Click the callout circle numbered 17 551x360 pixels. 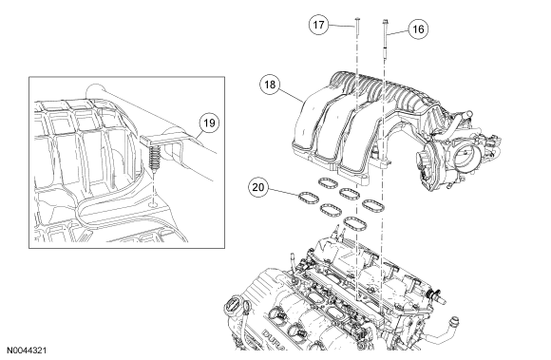coord(318,25)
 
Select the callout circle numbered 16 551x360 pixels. coord(418,29)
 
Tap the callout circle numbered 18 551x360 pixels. coord(270,85)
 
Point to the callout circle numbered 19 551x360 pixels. coord(209,123)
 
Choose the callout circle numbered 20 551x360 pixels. coord(258,187)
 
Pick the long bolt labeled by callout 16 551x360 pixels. coord(386,38)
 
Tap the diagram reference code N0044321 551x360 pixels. coord(27,351)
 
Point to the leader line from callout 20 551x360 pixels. coord(284,192)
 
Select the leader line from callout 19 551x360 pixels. coord(199,136)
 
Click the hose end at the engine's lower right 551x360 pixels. coord(455,321)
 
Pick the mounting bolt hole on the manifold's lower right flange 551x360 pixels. coord(385,162)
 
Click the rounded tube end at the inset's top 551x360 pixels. coord(94,90)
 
